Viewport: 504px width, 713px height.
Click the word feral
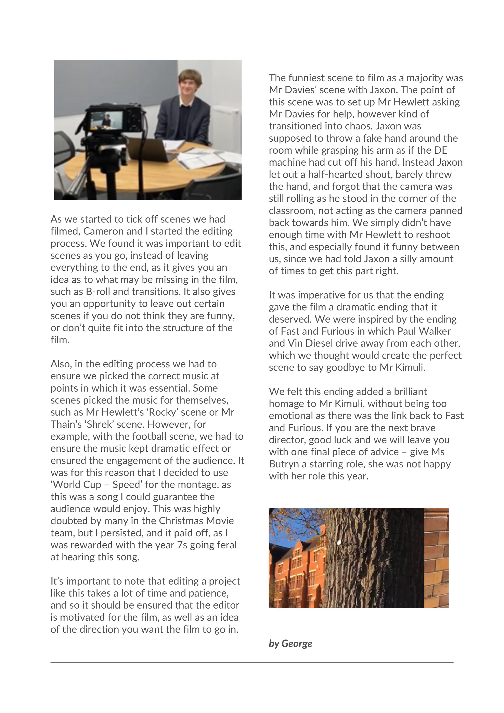tap(225, 545)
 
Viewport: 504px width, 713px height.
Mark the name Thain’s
tap(64, 424)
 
